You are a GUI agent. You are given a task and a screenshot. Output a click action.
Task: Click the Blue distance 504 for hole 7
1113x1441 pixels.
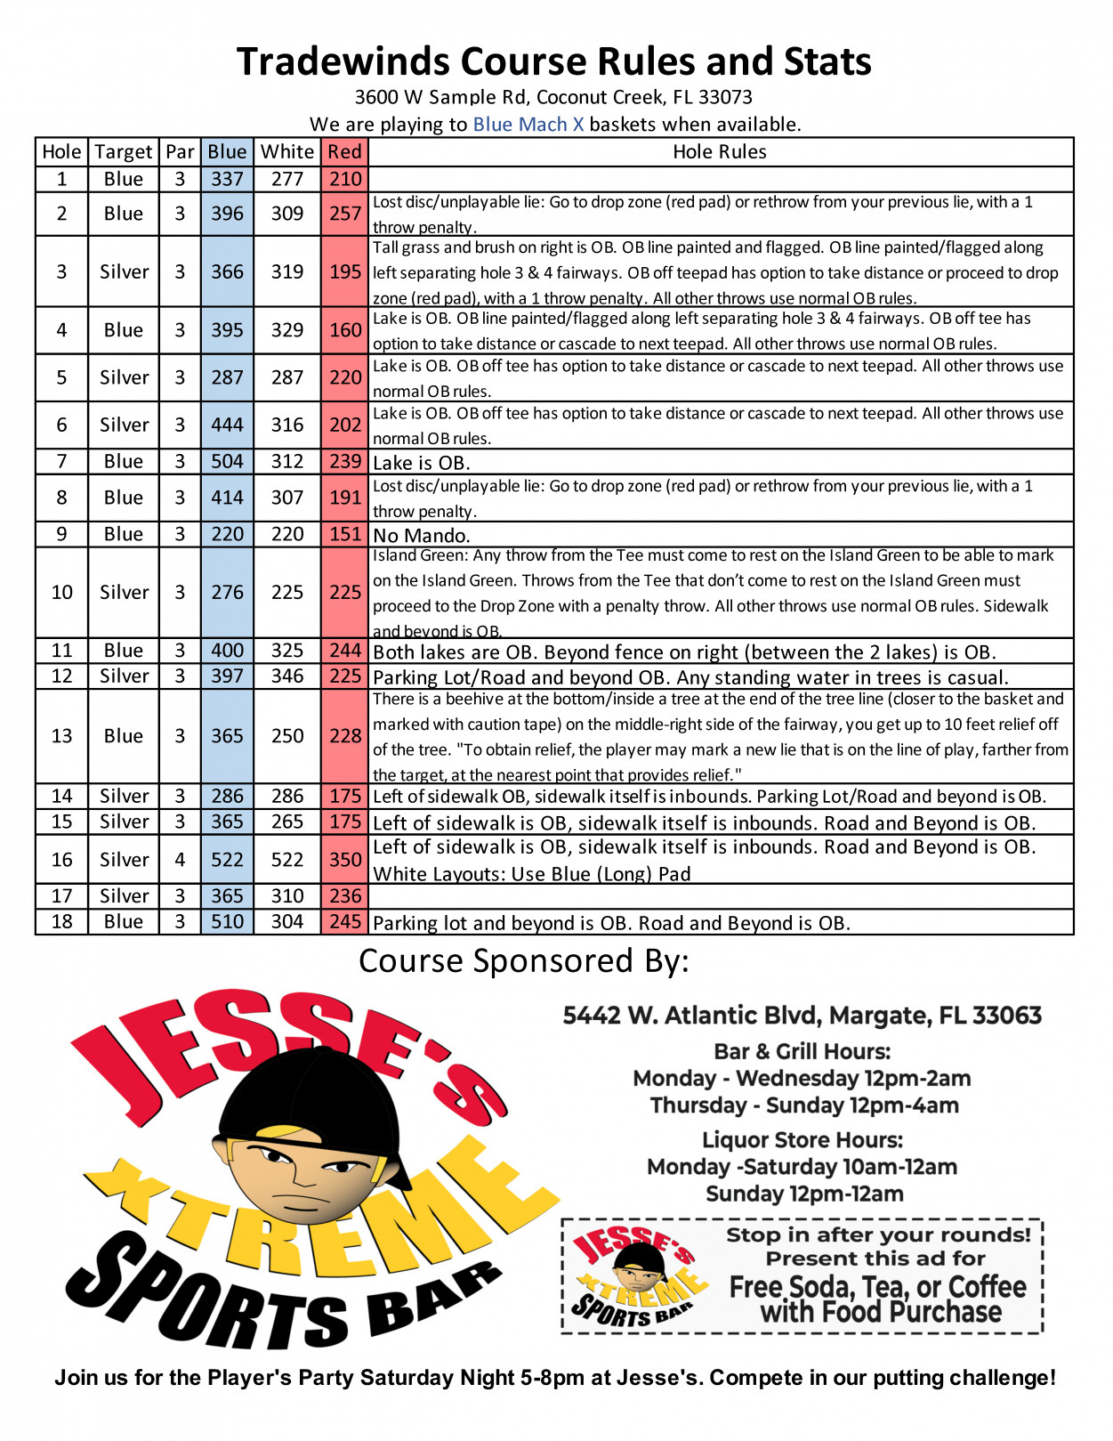click(x=227, y=461)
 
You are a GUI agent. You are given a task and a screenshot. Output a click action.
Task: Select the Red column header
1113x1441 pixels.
click(x=344, y=151)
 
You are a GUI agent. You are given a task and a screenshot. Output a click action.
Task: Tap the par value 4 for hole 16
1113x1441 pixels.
click(x=180, y=859)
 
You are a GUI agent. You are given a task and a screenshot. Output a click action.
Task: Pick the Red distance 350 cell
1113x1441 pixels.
click(x=344, y=859)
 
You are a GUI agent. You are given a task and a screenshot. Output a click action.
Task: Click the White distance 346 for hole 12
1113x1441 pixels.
click(x=287, y=676)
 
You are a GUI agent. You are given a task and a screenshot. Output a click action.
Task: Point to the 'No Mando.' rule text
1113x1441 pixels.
click(x=421, y=535)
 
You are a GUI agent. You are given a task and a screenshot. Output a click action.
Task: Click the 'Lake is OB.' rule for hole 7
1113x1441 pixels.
click(x=421, y=462)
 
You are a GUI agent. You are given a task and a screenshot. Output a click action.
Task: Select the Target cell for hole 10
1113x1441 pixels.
click(x=124, y=592)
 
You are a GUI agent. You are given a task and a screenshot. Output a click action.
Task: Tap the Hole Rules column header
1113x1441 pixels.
click(x=719, y=151)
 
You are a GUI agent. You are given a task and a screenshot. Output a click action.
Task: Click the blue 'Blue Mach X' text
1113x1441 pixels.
click(x=528, y=124)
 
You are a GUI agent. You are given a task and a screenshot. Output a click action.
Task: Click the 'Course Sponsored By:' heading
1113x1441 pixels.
click(x=523, y=961)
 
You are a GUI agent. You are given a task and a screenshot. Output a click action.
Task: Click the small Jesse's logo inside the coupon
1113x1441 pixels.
click(x=634, y=1275)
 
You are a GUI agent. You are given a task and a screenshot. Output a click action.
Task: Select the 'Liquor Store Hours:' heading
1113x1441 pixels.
click(x=802, y=1139)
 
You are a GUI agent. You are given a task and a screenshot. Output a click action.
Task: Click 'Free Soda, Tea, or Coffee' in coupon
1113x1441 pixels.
click(x=877, y=1287)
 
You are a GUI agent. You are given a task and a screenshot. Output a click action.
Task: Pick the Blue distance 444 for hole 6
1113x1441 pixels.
click(x=227, y=425)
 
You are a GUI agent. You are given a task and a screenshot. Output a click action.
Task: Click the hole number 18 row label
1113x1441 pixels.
click(x=61, y=921)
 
